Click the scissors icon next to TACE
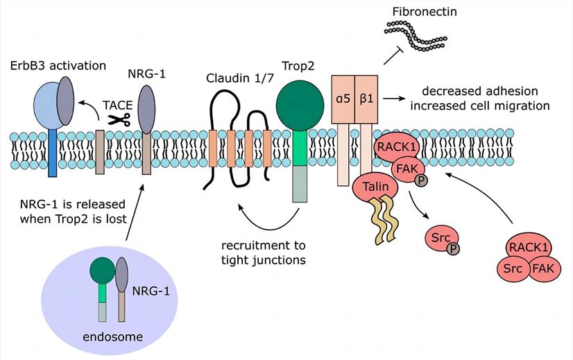tap(122, 119)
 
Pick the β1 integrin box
tap(364, 98)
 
